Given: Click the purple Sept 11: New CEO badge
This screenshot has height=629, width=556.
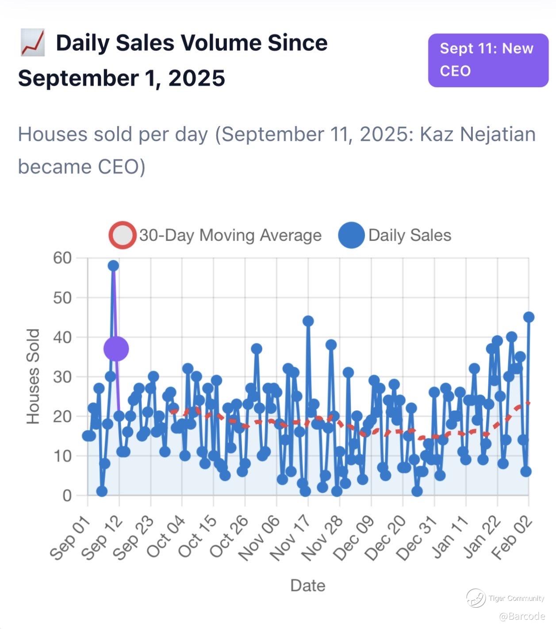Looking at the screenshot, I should [x=488, y=60].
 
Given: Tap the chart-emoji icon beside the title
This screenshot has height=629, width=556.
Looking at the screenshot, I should [x=32, y=43].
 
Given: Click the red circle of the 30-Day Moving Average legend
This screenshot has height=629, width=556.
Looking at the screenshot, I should [x=122, y=235].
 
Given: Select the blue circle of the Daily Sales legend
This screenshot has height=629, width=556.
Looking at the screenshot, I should [x=351, y=235].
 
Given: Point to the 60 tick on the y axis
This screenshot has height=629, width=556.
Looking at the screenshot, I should [x=62, y=258].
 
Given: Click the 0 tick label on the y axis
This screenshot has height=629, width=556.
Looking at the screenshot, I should [x=67, y=495].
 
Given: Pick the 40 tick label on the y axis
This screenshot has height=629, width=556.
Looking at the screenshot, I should [x=62, y=337].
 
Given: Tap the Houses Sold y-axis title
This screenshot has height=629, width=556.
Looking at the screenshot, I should [x=33, y=376].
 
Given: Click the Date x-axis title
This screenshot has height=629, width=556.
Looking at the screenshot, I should [x=307, y=585].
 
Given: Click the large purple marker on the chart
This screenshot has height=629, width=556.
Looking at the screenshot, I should [x=116, y=349].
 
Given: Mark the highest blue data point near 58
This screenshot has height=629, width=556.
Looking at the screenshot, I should [x=113, y=266].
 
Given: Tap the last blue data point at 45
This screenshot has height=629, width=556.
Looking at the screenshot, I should [x=529, y=317].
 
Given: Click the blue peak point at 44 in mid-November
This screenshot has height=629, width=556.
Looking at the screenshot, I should [x=308, y=321].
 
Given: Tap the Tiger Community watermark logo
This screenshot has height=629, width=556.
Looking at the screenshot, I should [x=476, y=598].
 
